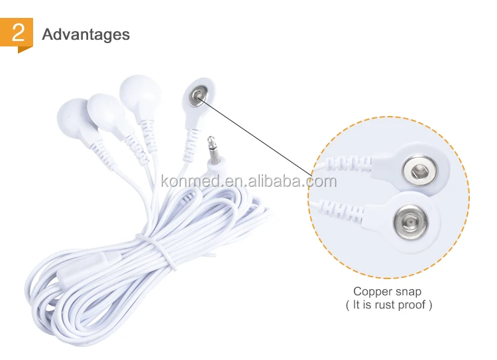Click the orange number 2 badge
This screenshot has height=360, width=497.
(17, 34)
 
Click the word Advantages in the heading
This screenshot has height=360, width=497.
(86, 34)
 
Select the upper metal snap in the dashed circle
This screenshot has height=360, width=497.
(419, 171)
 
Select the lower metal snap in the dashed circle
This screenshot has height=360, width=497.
(410, 221)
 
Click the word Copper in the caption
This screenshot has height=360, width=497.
(373, 292)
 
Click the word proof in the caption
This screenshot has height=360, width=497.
(412, 305)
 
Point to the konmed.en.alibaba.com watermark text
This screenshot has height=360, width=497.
(248, 181)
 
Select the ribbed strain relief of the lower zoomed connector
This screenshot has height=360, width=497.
(341, 210)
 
